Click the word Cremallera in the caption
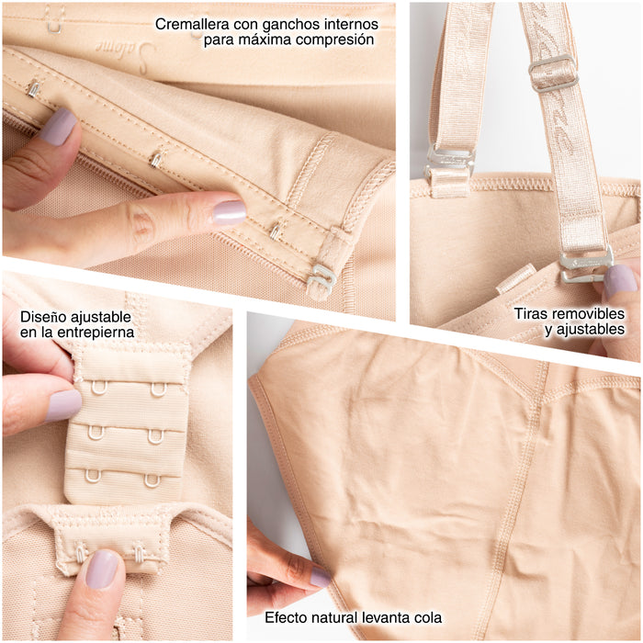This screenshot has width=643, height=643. tap(192, 24)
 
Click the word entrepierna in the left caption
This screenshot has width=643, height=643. tap(96, 333)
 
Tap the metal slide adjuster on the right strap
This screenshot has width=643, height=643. tap(553, 73)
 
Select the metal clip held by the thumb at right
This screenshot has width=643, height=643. tap(586, 266)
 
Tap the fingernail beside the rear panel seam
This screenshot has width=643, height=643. tap(320, 577)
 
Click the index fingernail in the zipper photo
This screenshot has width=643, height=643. tap(230, 212)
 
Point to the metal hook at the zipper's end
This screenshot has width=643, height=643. tap(321, 278)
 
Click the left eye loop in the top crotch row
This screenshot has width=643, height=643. tap(99, 388)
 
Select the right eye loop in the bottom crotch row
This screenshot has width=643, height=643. tap(152, 480)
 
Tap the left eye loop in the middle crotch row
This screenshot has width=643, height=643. tap(96, 433)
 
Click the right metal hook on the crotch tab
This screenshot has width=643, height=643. tap(140, 551)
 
